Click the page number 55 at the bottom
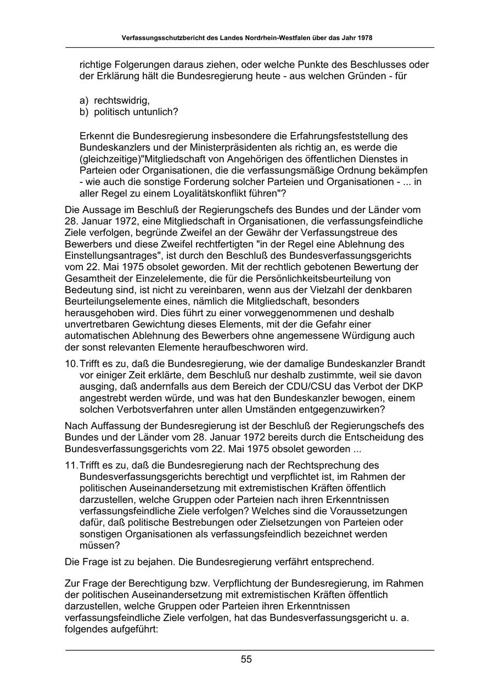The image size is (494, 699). tap(246, 659)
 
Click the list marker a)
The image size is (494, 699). tap(84, 101)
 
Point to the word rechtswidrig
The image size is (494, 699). tap(121, 101)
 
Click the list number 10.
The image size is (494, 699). tap(71, 364)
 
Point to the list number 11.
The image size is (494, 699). tap(71, 466)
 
